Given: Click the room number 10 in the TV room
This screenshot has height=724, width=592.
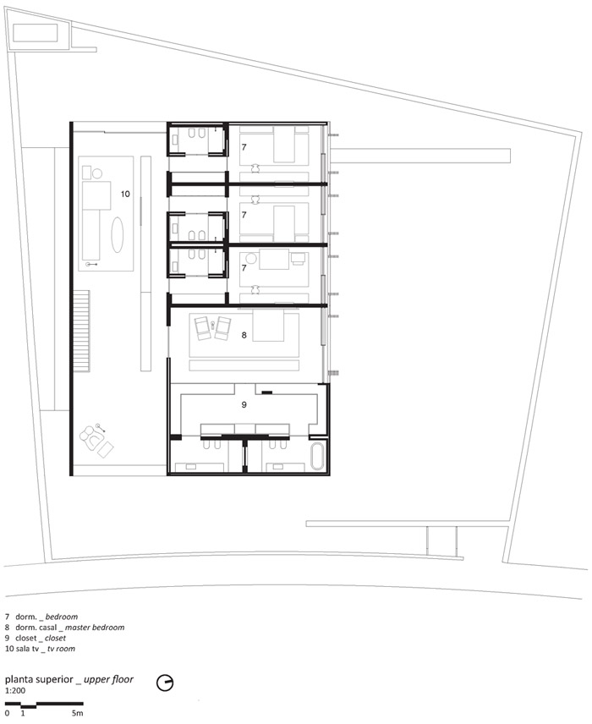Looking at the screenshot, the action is (x=125, y=194).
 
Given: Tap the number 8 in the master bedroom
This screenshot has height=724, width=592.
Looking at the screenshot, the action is (x=244, y=335).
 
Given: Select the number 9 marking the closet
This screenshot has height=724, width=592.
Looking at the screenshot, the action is (x=244, y=404).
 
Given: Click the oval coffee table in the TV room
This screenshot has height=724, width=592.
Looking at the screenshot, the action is (x=118, y=235).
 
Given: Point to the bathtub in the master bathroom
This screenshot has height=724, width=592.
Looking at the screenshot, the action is (x=319, y=456).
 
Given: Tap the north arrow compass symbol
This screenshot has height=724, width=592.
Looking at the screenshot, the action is (x=165, y=683).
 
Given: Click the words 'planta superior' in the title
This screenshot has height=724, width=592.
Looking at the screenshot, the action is (x=39, y=679).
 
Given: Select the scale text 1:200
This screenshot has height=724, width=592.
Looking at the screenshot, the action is (x=15, y=691).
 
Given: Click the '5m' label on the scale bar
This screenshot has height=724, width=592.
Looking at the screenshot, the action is (x=77, y=713).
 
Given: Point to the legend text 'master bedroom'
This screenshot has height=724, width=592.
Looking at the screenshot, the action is (x=95, y=628).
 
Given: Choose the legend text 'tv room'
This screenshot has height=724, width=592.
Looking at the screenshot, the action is (x=61, y=649).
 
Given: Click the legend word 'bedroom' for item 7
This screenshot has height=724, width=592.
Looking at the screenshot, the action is (x=62, y=617).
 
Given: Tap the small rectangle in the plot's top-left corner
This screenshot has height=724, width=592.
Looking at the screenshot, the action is (x=35, y=33).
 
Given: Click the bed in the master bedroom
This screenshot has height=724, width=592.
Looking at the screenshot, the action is (x=268, y=325).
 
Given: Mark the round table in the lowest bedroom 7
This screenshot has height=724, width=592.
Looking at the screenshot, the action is (x=250, y=259).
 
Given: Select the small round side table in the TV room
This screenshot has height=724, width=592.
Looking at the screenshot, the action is (x=97, y=173).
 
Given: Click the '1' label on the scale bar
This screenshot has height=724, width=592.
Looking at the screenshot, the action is (x=23, y=713).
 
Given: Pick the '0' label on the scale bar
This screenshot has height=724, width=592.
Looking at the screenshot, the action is (x=7, y=713).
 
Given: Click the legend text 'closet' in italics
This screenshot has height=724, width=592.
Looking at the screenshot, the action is (x=55, y=638).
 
